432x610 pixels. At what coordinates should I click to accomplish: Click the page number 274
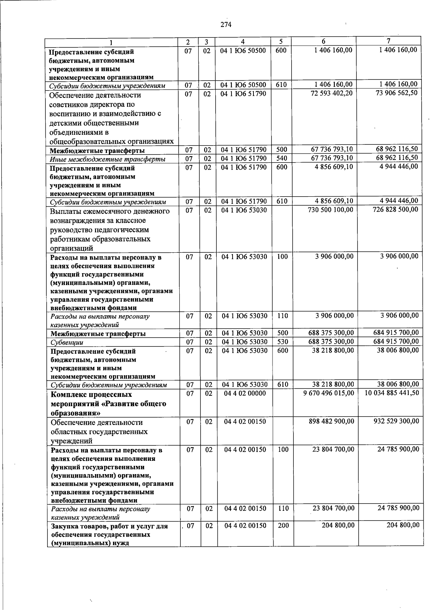click(226, 24)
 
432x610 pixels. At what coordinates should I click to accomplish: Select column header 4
click(243, 42)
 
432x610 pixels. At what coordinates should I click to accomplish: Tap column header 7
click(388, 41)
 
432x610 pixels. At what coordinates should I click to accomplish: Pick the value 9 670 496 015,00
click(329, 393)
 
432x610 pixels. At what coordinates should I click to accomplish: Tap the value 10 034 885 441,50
click(392, 393)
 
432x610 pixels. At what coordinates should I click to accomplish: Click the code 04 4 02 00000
click(245, 393)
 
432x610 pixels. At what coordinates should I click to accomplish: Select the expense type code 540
click(282, 158)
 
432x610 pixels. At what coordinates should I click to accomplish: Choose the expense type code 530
click(283, 341)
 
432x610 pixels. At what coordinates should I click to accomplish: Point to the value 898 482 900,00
click(331, 421)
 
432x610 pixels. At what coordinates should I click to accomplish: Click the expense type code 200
click(283, 525)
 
